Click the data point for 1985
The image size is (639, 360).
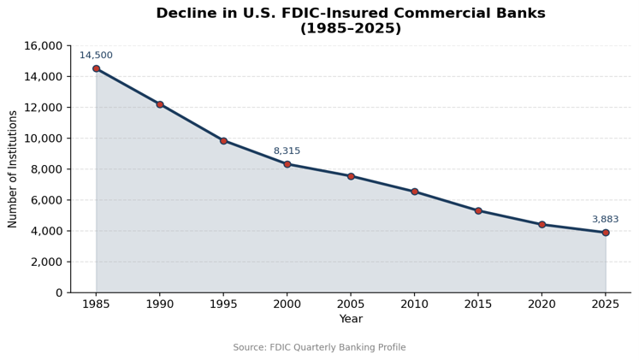coord(96,68)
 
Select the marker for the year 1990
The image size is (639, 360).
coord(160,104)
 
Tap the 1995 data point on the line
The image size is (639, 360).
coord(223,141)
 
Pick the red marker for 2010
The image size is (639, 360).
coord(415,192)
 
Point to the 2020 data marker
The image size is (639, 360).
coord(542,224)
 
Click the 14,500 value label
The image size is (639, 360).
coord(96,55)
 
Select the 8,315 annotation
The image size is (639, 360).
coord(287,150)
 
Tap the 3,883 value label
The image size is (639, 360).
coord(605,219)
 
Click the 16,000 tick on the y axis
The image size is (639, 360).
coord(43,45)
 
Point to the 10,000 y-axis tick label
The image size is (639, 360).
coord(43,138)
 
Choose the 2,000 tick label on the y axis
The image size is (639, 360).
coord(46,262)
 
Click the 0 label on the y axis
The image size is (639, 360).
coord(60,292)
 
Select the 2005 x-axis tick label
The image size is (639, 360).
coord(351,304)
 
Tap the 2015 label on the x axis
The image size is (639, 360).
coord(478,304)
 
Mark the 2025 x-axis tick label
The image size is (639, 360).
coord(606,304)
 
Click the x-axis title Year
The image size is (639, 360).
coord(351,318)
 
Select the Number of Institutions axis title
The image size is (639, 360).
coord(12,169)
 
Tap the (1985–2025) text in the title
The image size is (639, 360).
coord(351,28)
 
